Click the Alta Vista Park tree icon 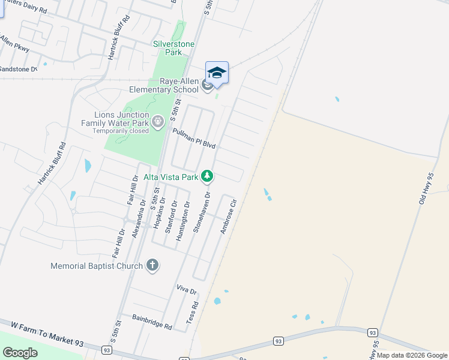(207, 176)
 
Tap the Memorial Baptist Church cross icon (152, 265)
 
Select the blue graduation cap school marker (217, 73)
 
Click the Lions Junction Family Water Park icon (157, 122)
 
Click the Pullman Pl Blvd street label (193, 139)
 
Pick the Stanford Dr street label (172, 217)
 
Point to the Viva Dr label (187, 290)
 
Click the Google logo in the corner (20, 353)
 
